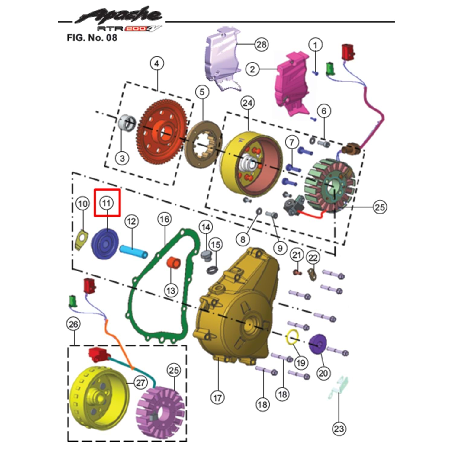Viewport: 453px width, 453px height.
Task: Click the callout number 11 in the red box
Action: (106, 203)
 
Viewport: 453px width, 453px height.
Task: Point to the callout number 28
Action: (261, 45)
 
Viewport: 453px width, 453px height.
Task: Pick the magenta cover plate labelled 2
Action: (292, 84)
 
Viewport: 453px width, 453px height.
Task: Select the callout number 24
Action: (248, 103)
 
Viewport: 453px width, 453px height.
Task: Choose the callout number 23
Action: (339, 428)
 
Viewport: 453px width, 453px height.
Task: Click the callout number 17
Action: (217, 398)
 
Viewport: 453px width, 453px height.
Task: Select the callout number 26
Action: (73, 324)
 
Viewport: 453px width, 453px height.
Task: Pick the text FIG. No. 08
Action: (92, 38)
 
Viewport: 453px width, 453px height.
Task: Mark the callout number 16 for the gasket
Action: (165, 219)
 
